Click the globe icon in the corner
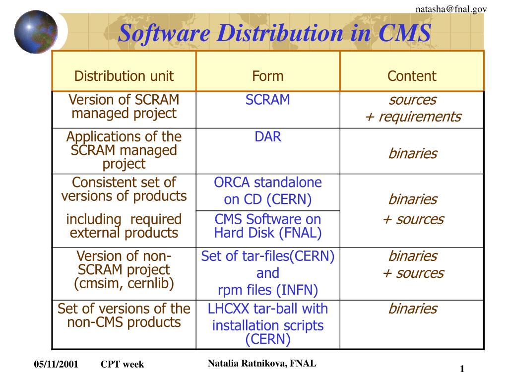[36, 31]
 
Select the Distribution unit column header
[124, 76]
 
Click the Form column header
[268, 76]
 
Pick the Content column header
[412, 76]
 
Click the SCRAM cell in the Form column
[268, 100]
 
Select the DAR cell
[268, 137]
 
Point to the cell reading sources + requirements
[412, 108]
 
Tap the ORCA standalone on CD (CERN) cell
[268, 191]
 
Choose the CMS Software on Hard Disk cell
[268, 226]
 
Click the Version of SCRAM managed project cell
[124, 107]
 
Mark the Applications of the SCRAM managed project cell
[124, 150]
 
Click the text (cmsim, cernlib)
[124, 283]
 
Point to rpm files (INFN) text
[268, 290]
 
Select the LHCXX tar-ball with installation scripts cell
[268, 324]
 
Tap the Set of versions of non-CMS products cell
[124, 316]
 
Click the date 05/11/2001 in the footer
[56, 365]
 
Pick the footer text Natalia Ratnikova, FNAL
[262, 363]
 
